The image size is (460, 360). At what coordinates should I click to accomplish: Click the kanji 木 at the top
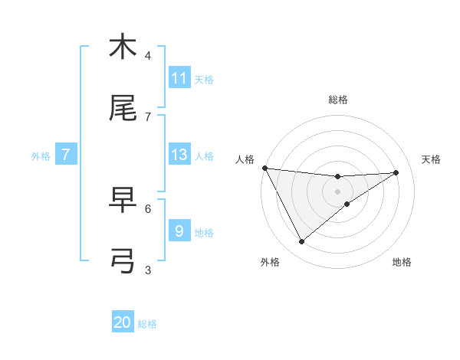click(123, 47)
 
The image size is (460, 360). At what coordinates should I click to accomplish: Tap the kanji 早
click(123, 201)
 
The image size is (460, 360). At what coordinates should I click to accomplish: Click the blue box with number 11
click(179, 78)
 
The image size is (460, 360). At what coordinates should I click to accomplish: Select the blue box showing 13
click(179, 155)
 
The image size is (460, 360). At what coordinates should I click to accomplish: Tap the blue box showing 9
click(179, 231)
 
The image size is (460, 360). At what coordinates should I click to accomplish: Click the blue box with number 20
click(123, 323)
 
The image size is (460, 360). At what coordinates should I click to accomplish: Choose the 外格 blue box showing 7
click(66, 155)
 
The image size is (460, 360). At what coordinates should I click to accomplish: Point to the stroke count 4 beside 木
click(148, 56)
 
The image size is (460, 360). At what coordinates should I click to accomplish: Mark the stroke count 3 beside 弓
click(148, 270)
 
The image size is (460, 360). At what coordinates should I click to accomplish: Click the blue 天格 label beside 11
click(204, 79)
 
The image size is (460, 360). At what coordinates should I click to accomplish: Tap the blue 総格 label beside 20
click(147, 324)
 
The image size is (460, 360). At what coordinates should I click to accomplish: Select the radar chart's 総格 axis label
click(338, 100)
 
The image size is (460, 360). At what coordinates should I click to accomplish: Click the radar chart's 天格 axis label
click(431, 159)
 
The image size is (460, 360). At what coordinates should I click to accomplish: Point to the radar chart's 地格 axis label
click(402, 262)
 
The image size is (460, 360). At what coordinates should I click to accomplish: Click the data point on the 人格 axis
click(264, 168)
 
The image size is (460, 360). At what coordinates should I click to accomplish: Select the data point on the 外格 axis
click(301, 242)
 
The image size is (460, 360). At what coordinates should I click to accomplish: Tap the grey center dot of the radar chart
click(338, 191)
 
